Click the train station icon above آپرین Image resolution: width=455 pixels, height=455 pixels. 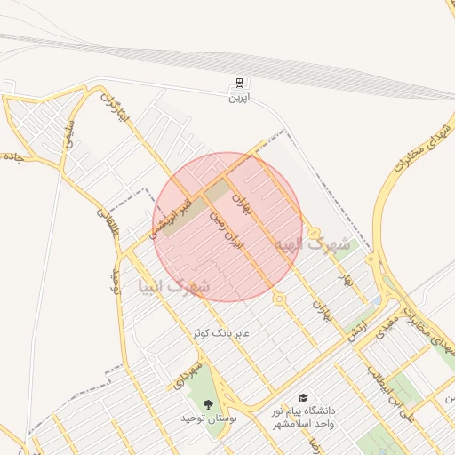[x=238, y=84]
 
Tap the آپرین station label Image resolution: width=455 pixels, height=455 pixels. [x=238, y=97]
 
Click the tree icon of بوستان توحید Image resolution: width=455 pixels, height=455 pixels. [x=209, y=404]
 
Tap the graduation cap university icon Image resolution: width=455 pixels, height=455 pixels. [x=303, y=397]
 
